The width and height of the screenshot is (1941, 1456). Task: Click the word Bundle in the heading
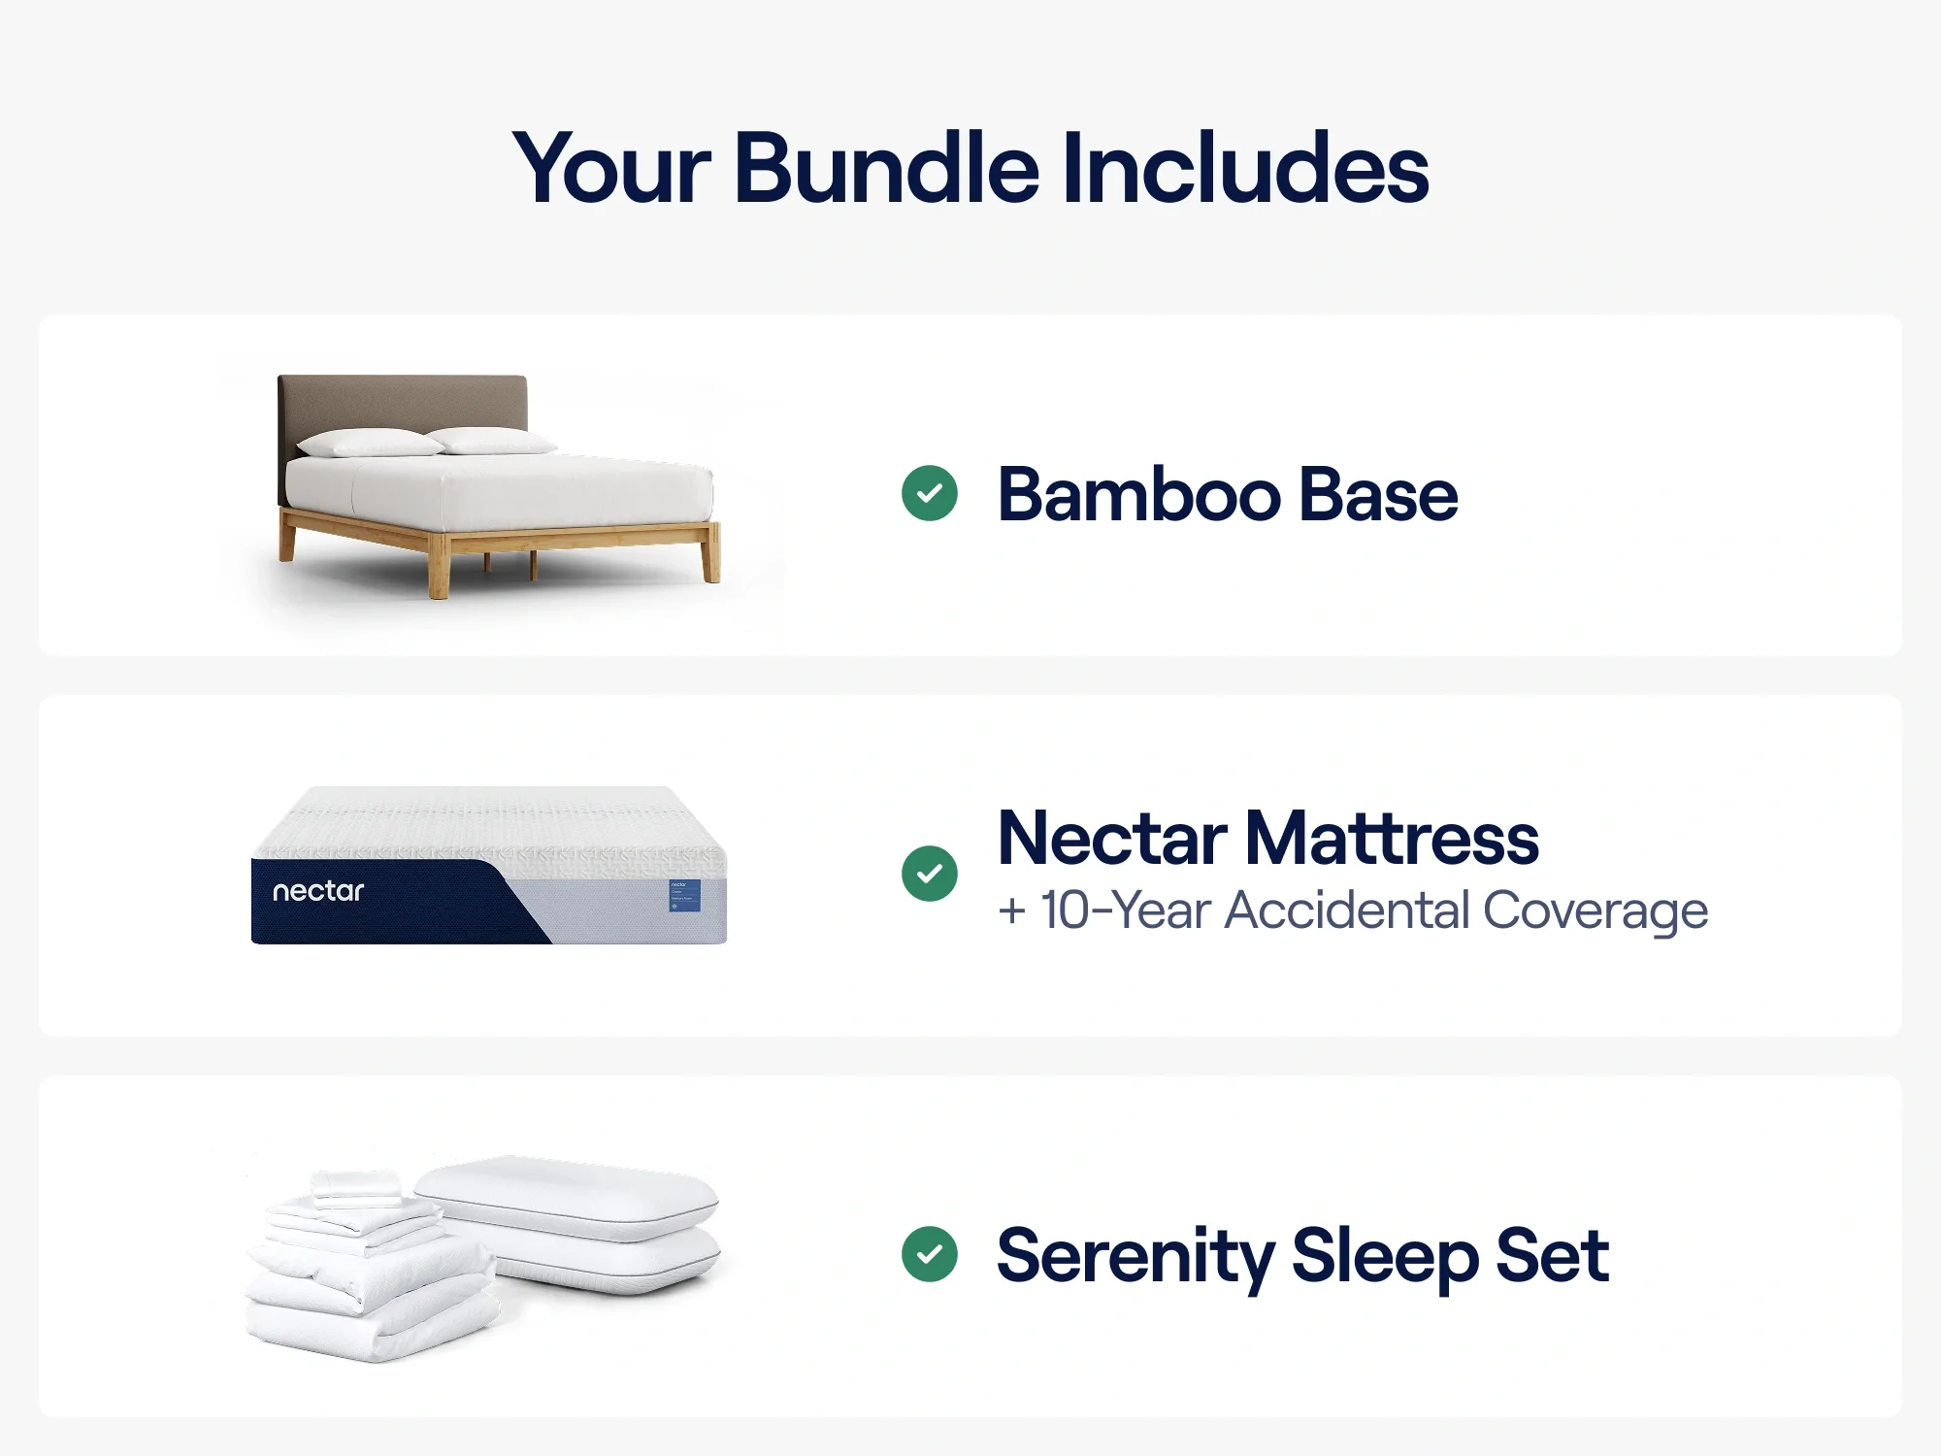[887, 169]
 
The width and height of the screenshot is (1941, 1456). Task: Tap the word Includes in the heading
[1246, 169]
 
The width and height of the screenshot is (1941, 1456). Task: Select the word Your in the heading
[611, 171]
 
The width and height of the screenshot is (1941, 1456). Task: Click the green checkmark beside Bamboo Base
[930, 493]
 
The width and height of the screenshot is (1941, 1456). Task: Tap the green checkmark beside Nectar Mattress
[930, 874]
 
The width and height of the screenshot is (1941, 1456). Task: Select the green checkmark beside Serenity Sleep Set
[930, 1254]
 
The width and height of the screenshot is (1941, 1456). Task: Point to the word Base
[1378, 495]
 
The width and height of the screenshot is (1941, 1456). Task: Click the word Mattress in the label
[1392, 839]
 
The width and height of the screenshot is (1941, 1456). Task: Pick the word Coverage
[1596, 910]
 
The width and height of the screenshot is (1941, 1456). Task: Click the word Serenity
[1135, 1256]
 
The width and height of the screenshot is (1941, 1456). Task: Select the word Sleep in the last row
[1384, 1256]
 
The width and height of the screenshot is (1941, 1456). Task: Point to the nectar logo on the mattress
[318, 891]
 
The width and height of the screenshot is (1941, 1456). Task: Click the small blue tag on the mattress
[684, 895]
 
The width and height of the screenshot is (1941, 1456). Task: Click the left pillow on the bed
[369, 444]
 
